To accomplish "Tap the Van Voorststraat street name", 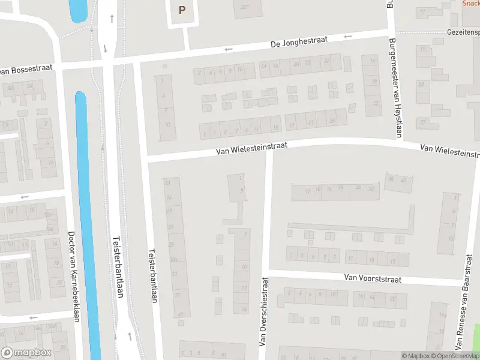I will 373,278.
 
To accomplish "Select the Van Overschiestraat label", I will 263,311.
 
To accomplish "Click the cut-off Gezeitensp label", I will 463,32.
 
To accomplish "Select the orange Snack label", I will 470,3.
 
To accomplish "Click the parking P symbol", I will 182,10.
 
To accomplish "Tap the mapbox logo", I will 26,352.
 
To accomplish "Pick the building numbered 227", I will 244,7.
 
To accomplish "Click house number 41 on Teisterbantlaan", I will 181,314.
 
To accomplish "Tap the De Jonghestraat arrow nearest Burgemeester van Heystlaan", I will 347,37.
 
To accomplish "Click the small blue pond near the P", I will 77,10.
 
